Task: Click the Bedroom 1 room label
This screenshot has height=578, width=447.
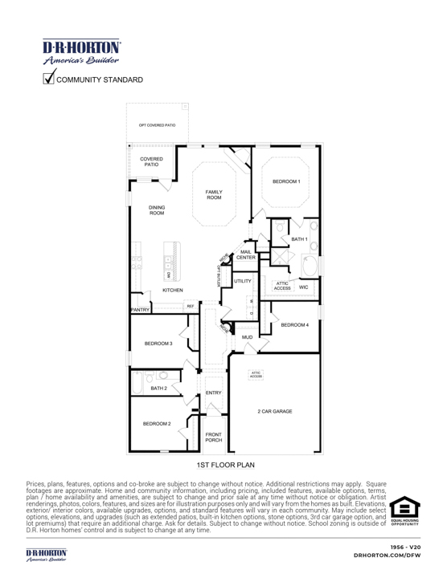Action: point(285,182)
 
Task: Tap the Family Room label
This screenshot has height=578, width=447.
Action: point(214,195)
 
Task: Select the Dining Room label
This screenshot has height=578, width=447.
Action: point(157,210)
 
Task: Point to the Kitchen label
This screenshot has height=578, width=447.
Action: point(173,289)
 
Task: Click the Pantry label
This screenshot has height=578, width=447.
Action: point(141,311)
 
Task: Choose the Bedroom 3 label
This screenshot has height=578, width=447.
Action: point(158,344)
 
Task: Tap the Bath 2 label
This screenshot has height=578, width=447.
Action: point(159,388)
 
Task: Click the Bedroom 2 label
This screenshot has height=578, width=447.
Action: point(157,423)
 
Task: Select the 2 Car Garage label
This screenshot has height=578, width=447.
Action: point(275,411)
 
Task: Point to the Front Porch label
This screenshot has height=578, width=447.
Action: point(214,437)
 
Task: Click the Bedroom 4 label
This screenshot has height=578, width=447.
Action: point(295,324)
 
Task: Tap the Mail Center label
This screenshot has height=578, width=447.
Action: point(246,254)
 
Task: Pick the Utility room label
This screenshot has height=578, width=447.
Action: point(243,282)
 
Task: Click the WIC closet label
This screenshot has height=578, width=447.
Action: point(303,287)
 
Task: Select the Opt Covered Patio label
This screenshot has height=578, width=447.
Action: point(156,126)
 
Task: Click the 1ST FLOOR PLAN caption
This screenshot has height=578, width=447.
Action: point(225,465)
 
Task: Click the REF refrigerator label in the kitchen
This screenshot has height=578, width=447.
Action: point(191,306)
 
